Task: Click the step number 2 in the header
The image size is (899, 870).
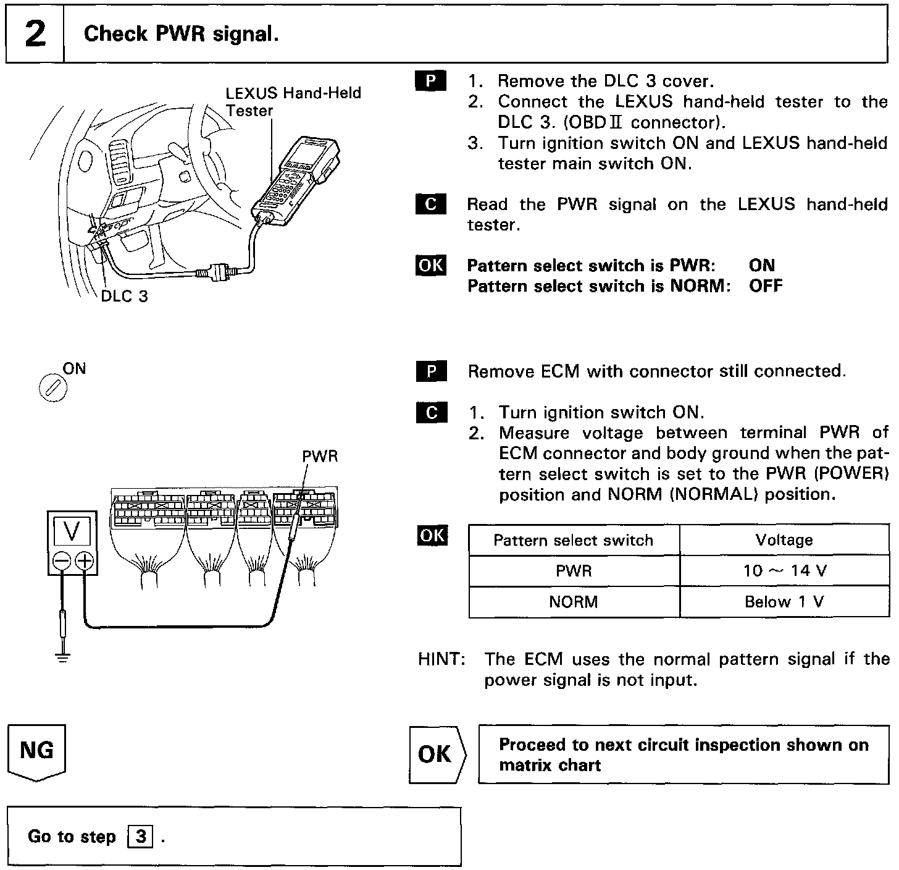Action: [x=35, y=33]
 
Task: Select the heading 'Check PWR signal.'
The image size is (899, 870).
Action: [x=181, y=33]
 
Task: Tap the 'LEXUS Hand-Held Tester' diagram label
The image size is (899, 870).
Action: [x=293, y=101]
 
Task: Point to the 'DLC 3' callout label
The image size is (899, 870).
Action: [x=124, y=296]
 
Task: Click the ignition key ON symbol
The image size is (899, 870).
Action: [x=52, y=388]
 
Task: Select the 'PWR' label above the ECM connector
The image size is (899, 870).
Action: [x=320, y=456]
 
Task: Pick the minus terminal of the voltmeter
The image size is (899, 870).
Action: [x=61, y=561]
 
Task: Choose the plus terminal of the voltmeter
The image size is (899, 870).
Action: [x=84, y=561]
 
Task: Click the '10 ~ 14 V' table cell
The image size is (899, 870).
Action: [x=784, y=570]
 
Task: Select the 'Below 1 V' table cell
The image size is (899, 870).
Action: [x=784, y=601]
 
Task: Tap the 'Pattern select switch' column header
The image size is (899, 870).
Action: [x=573, y=540]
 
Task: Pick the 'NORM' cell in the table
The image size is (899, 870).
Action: [x=573, y=601]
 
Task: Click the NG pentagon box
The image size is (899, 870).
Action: [x=36, y=753]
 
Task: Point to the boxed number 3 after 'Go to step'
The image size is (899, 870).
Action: [x=141, y=837]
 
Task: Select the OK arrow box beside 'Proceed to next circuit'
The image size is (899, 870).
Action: [x=437, y=754]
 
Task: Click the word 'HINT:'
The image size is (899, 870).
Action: [x=441, y=659]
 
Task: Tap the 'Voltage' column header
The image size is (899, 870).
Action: [x=784, y=540]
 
